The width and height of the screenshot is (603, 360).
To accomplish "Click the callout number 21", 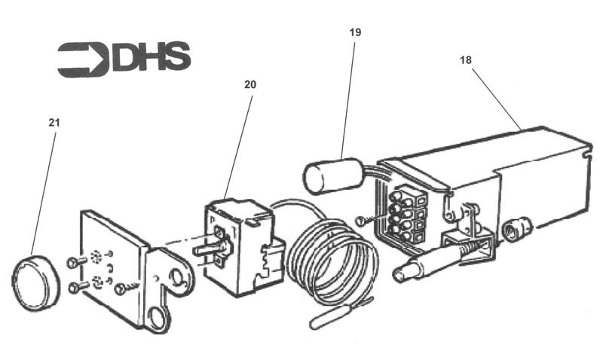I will point(54,122).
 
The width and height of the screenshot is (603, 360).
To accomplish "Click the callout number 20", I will point(249,84).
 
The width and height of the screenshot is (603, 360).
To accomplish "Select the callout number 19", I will point(355,32).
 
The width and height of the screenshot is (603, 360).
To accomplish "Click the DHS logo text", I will point(152,58).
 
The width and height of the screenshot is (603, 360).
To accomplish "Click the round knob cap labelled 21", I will point(35,282).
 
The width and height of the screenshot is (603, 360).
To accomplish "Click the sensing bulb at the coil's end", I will point(332,316).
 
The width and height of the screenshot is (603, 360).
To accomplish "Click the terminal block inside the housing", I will point(407,215).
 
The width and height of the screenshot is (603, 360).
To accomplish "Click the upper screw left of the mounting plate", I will point(73,262).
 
